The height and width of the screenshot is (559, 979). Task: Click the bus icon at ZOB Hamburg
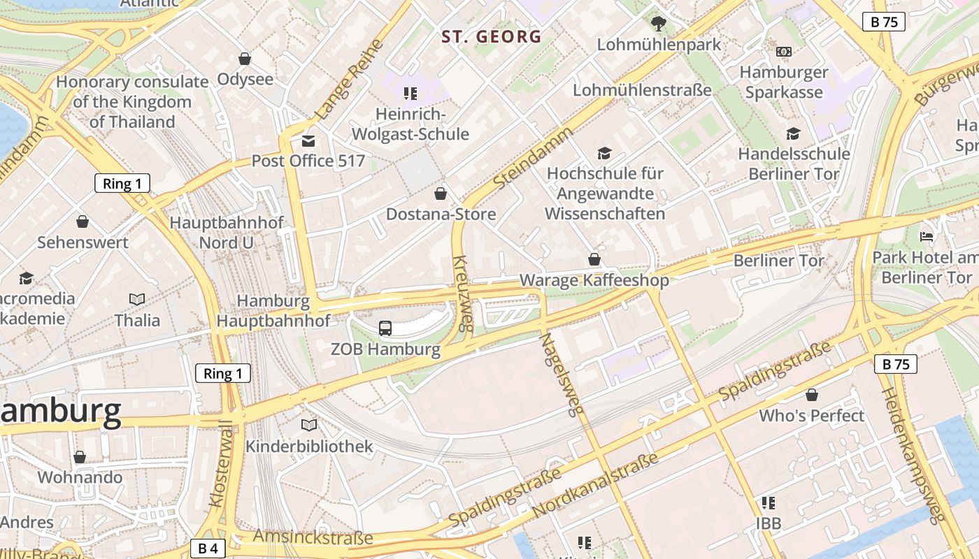[x=385, y=328]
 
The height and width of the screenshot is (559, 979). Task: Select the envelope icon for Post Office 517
[x=308, y=141]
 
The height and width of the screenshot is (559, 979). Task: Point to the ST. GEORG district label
[x=492, y=37]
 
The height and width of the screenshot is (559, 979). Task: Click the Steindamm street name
[x=533, y=157]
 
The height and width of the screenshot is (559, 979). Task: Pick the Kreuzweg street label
[x=463, y=293]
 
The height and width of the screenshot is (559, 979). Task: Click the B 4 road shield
[x=208, y=548]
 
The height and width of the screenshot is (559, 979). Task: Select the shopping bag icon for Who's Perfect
[x=811, y=395]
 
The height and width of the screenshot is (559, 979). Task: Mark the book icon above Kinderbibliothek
[x=309, y=425]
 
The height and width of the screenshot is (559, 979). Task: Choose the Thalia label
[x=137, y=320]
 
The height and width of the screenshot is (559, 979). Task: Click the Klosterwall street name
[x=220, y=464]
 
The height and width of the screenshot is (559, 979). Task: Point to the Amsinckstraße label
[x=313, y=537]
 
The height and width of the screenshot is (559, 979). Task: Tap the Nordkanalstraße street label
[x=595, y=486]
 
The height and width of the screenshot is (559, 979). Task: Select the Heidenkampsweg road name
[x=912, y=454]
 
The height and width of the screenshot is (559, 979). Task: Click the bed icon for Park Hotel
[x=927, y=237]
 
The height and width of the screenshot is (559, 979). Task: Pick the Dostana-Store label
[x=441, y=214]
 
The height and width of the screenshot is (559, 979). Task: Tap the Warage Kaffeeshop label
[x=594, y=280]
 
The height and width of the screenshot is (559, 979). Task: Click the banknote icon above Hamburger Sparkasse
[x=784, y=52]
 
